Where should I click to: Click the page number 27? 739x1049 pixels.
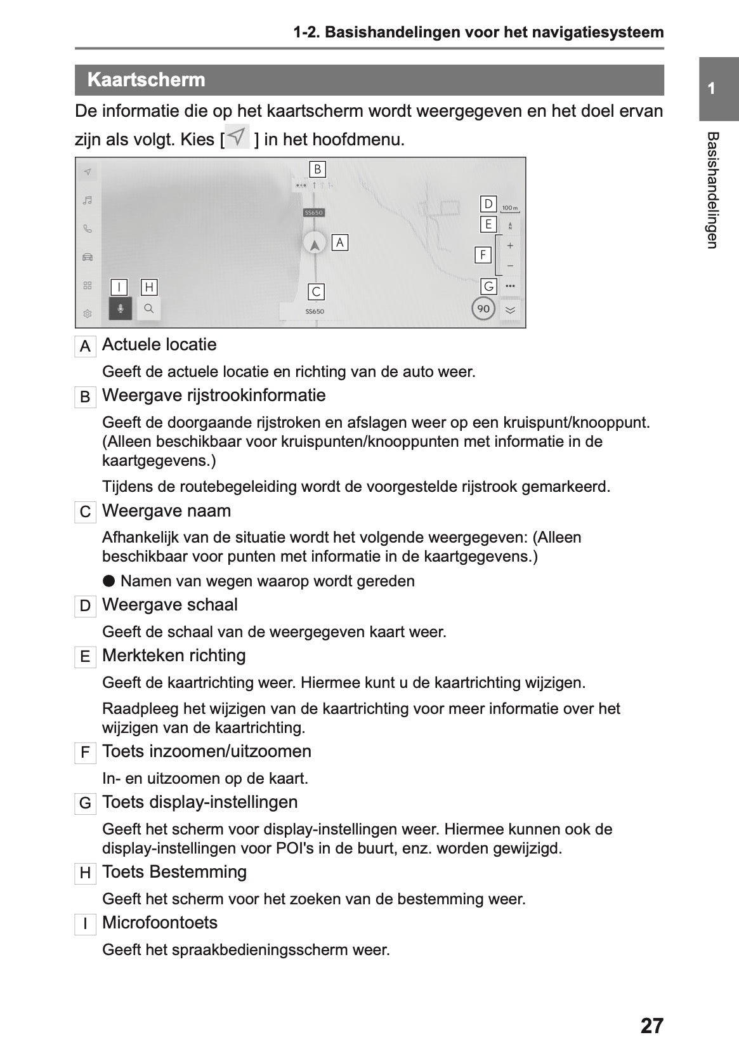coord(651,1026)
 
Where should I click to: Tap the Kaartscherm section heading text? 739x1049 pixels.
coord(147,80)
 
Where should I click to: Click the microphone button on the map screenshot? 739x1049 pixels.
coord(121,308)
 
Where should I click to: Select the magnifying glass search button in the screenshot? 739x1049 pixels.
coord(149,308)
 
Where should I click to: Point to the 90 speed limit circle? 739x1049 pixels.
coord(483,308)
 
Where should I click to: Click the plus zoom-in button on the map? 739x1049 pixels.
coord(510,246)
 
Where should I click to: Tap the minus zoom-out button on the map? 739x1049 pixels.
coord(510,267)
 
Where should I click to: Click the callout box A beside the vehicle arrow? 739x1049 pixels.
coord(340,242)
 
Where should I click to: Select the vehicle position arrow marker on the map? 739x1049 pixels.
coord(314,243)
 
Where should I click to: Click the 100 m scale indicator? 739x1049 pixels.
coord(509,208)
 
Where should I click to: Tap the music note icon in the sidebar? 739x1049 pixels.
coord(88,201)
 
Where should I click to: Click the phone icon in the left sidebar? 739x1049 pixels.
coord(88,229)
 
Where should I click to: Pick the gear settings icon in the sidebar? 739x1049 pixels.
coord(88,313)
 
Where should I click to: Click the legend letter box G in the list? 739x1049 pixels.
coord(85,803)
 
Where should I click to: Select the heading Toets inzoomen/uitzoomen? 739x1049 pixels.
coord(207,751)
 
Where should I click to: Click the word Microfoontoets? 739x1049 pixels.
coord(160,923)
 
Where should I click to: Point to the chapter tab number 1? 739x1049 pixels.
coord(712,88)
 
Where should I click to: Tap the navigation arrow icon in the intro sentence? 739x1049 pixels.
coord(237,137)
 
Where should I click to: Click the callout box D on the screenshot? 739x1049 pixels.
coord(488,204)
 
